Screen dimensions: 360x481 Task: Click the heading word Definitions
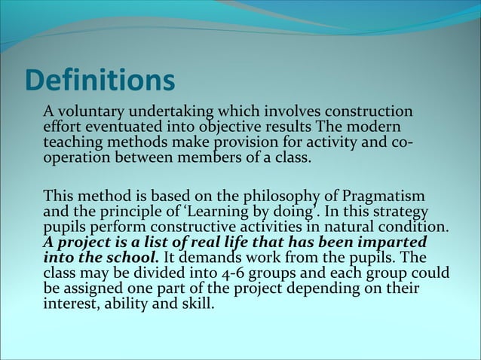click(99, 81)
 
